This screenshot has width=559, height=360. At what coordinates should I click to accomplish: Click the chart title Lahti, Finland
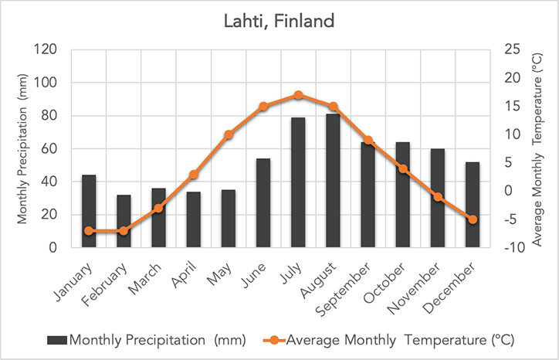click(279, 22)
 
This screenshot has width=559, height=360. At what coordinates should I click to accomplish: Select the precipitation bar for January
click(89, 211)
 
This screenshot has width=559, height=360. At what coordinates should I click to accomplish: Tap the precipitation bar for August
click(333, 181)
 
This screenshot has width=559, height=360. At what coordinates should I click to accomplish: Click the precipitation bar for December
click(473, 205)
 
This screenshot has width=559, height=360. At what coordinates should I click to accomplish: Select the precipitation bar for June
click(263, 203)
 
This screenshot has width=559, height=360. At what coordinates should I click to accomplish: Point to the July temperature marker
click(298, 95)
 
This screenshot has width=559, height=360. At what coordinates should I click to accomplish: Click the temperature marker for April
click(194, 175)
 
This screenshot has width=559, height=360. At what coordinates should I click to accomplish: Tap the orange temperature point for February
click(124, 231)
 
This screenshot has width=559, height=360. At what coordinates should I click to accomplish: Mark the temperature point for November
click(438, 197)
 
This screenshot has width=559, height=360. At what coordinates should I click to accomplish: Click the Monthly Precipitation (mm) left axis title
click(23, 149)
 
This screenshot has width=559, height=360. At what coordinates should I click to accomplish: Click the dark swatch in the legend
click(57, 340)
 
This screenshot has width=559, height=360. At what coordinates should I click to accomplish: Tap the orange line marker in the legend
click(275, 340)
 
